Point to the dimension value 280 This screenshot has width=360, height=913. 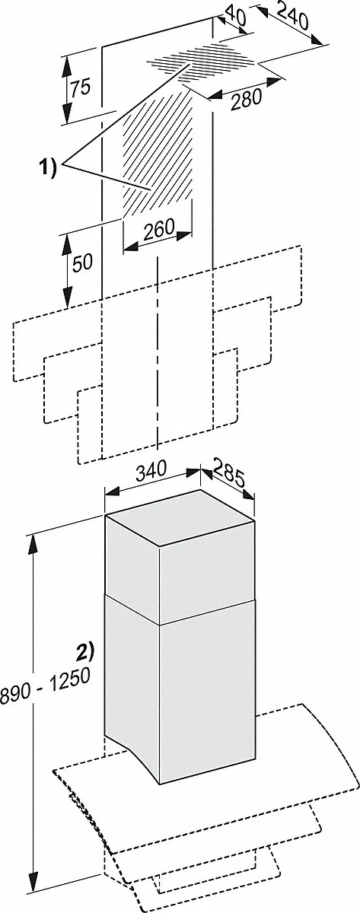coord(245,100)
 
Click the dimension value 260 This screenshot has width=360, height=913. coord(159,231)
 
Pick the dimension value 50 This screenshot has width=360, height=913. coord(82,264)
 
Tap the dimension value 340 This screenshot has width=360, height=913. coord(151,472)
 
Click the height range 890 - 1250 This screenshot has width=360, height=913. coord(45,687)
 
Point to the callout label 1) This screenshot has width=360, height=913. coord(48,168)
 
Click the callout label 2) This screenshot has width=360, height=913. coord(84,651)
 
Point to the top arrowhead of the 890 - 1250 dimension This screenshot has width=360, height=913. coord(33,541)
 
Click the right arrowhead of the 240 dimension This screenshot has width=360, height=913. coord(317,40)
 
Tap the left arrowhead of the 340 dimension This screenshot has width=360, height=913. coord(113,492)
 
